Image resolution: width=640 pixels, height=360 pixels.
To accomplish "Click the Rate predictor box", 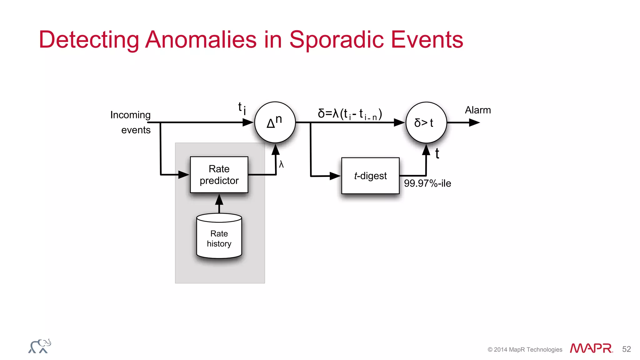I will click(219, 175).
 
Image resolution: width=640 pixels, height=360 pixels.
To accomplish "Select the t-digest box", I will click(370, 176).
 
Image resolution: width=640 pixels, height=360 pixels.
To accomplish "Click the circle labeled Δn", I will click(275, 122).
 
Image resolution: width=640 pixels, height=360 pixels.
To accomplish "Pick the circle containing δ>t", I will click(426, 122).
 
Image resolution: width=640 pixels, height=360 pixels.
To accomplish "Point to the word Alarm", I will click(478, 110).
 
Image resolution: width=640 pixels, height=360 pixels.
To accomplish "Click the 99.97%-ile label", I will click(427, 183).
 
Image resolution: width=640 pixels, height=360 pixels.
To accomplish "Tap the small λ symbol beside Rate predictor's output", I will click(281, 164).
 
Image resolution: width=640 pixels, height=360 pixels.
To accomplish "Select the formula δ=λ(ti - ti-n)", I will click(350, 114).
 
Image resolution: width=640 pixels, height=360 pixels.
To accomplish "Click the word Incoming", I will click(130, 115).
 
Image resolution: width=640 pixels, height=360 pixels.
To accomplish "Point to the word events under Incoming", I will click(136, 130).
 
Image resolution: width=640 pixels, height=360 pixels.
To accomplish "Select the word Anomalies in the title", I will click(201, 40).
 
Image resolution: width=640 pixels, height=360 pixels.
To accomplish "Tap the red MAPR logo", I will click(591, 348).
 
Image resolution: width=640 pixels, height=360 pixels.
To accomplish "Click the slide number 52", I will click(626, 349).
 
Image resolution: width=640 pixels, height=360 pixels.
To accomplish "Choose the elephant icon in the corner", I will click(40, 346).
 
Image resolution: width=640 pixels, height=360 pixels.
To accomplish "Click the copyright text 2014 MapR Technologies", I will click(525, 350).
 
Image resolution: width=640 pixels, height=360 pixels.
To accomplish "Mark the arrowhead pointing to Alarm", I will click(474, 122).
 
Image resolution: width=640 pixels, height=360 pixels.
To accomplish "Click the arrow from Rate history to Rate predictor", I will click(219, 203).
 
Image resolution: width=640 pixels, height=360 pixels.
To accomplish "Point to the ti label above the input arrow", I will click(242, 108).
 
